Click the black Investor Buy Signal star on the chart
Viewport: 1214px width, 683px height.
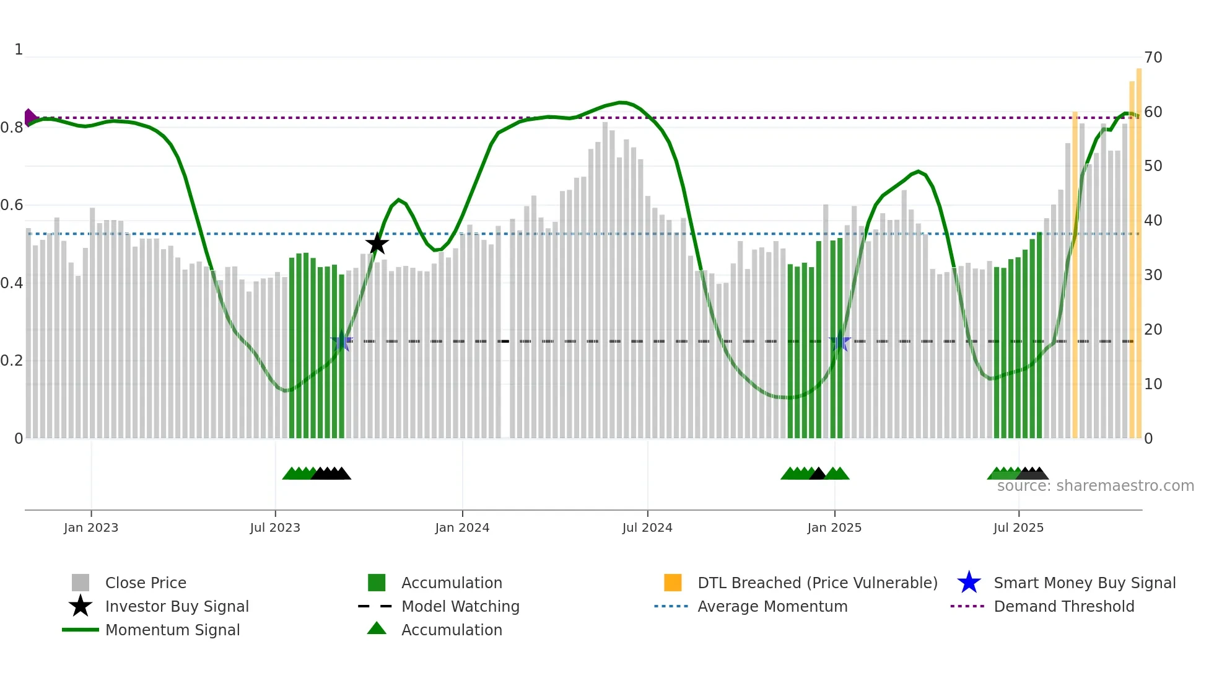tap(377, 244)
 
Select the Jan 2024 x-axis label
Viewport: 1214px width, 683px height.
tap(462, 527)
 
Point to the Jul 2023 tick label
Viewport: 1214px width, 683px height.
tap(275, 527)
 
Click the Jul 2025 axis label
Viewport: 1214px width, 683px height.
tap(1018, 527)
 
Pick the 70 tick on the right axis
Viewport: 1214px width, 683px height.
tap(1153, 58)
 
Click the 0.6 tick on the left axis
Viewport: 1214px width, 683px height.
tap(12, 205)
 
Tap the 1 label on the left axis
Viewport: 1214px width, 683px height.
tap(19, 50)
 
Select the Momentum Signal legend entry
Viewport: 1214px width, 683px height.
tap(172, 630)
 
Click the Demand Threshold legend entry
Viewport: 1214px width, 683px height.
tap(1063, 606)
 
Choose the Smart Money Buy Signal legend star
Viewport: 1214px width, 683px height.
tap(969, 583)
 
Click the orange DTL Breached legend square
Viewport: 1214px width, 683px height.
tap(673, 583)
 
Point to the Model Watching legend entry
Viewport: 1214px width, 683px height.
tap(460, 606)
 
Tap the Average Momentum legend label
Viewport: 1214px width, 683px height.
tap(772, 606)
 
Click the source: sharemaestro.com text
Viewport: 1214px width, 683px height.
tap(1095, 486)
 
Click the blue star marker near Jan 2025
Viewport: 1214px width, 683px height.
tap(840, 341)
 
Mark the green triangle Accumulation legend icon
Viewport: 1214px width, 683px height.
tap(377, 629)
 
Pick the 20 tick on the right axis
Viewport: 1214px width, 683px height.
tap(1153, 330)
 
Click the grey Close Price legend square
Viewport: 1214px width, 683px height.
tap(81, 583)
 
